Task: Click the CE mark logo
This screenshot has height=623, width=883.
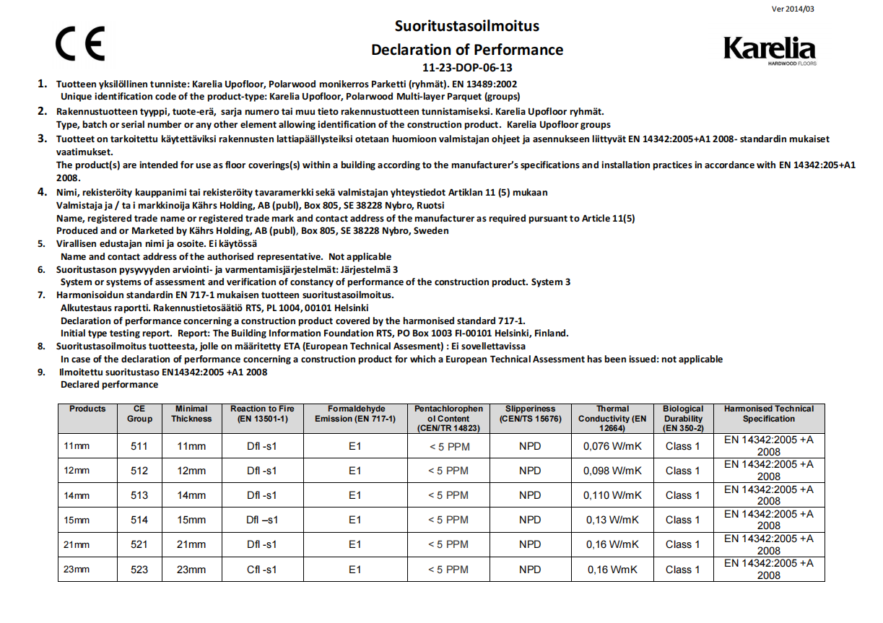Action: click(x=80, y=43)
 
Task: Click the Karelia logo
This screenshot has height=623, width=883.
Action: click(x=769, y=49)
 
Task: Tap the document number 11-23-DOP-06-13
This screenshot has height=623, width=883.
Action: click(x=466, y=68)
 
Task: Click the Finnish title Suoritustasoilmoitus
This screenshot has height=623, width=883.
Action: click(x=466, y=26)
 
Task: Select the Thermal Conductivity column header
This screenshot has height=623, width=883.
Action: click(x=612, y=418)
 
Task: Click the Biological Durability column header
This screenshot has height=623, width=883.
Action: click(x=683, y=418)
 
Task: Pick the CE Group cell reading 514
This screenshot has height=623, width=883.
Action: click(x=139, y=520)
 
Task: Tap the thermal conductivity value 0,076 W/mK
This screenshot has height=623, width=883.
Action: click(x=612, y=446)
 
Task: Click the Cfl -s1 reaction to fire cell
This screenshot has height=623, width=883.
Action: click(x=261, y=570)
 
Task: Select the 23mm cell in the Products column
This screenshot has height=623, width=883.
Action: click(x=77, y=570)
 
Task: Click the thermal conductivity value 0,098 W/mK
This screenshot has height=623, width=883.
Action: click(x=612, y=471)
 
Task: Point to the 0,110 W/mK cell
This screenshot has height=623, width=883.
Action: click(x=612, y=495)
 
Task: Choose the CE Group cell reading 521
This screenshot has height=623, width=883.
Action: click(x=139, y=544)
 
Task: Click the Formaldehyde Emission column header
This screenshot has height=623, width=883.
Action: click(x=354, y=414)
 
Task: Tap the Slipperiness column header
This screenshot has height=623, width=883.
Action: click(x=530, y=414)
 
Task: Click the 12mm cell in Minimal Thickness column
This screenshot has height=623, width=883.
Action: click(x=191, y=471)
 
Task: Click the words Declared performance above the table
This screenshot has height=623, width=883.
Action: click(x=109, y=385)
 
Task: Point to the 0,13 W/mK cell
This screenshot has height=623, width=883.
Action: click(x=612, y=520)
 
